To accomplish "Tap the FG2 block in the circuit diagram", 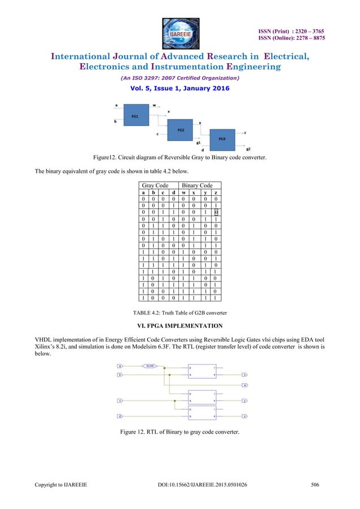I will pos(180,129).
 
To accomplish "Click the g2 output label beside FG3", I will pos(248,147).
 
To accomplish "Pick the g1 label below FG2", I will pos(199,143).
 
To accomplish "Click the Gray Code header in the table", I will pos(158,185).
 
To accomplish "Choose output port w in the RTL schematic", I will pos(244,385).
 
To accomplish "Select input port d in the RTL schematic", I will pos(120,416).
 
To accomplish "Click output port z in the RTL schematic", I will pos(244,416).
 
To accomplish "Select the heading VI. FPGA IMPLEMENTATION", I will pos(179,326).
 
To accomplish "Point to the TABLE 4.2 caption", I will pos(179,312).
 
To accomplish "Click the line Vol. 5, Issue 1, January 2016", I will pos(179,89).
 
